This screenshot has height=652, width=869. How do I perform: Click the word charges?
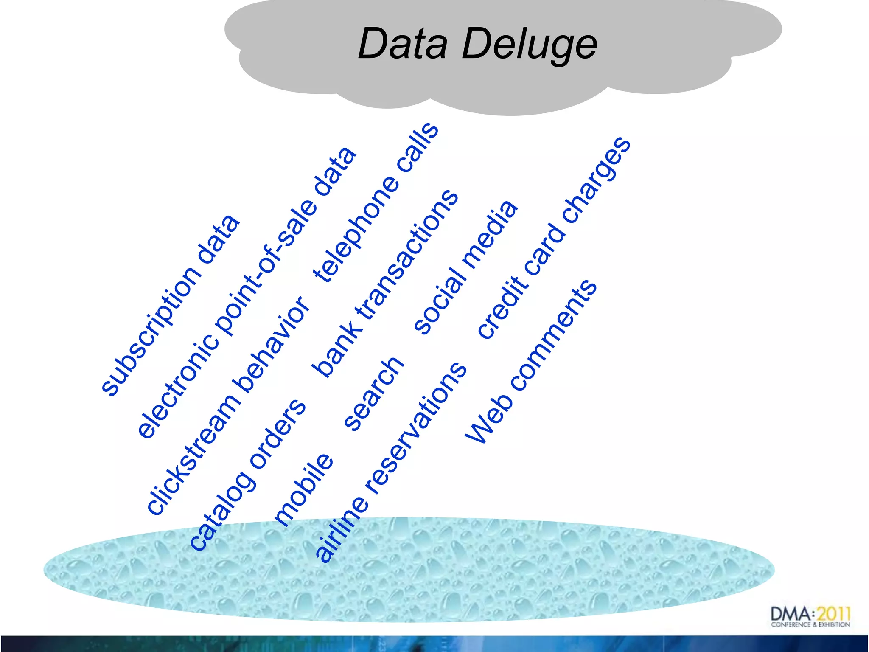597,180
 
